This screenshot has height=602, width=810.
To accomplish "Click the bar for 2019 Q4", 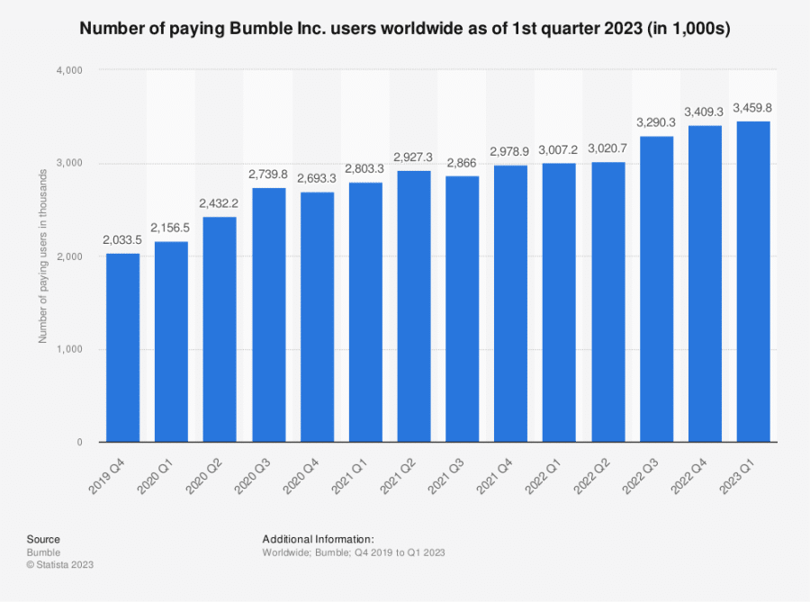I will [123, 347].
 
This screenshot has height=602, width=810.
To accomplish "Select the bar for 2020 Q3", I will [269, 315].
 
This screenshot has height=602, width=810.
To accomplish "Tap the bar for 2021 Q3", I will [463, 309].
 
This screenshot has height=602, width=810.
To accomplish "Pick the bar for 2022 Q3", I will [657, 289].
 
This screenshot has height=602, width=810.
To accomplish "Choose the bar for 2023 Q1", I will [754, 282].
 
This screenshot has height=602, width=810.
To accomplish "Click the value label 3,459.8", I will [754, 108].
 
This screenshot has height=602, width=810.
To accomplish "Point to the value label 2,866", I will [463, 163].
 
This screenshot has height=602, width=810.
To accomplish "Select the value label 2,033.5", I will [123, 240].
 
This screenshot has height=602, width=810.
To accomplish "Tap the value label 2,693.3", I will [318, 178].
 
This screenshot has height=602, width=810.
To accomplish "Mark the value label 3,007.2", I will [560, 149].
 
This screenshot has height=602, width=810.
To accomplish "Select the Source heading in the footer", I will [43, 539].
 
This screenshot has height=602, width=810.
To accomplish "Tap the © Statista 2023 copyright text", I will [60, 564].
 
